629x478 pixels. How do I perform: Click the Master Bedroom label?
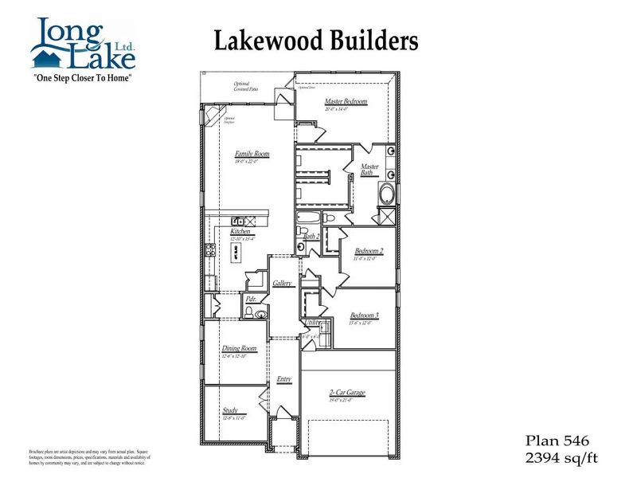pyautogui.click(x=346, y=102)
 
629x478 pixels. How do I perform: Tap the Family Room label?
pyautogui.click(x=252, y=154)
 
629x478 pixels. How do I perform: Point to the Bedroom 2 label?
pyautogui.click(x=369, y=251)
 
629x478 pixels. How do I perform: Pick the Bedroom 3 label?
pyautogui.click(x=364, y=315)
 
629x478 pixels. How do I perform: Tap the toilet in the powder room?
pyautogui.click(x=259, y=315)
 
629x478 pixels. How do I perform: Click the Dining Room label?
pyautogui.click(x=239, y=348)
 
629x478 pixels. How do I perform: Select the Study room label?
pyautogui.click(x=230, y=411)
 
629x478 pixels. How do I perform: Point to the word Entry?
pyautogui.click(x=283, y=379)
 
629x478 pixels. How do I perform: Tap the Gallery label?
pyautogui.click(x=283, y=283)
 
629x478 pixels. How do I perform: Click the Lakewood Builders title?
pyautogui.click(x=315, y=40)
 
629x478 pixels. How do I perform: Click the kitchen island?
pyautogui.click(x=236, y=252)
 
